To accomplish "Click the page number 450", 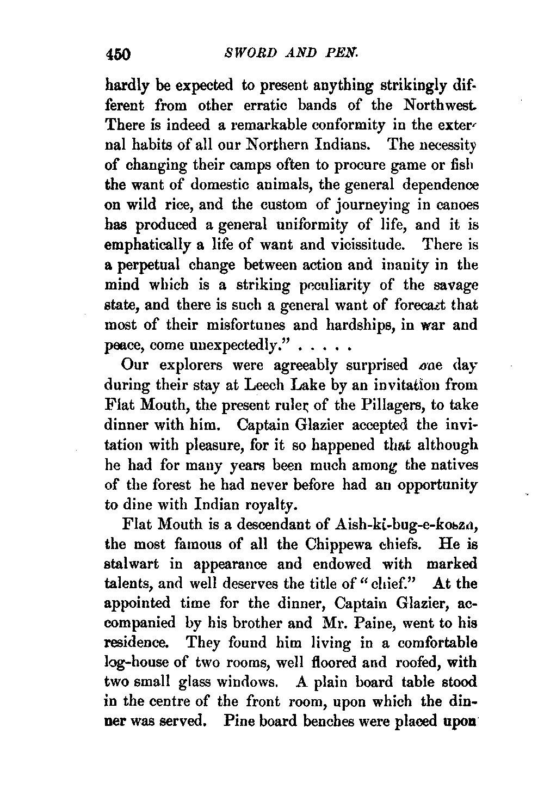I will point(118,54).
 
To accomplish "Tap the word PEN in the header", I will point(340,53).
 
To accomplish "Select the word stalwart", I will point(131,564).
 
